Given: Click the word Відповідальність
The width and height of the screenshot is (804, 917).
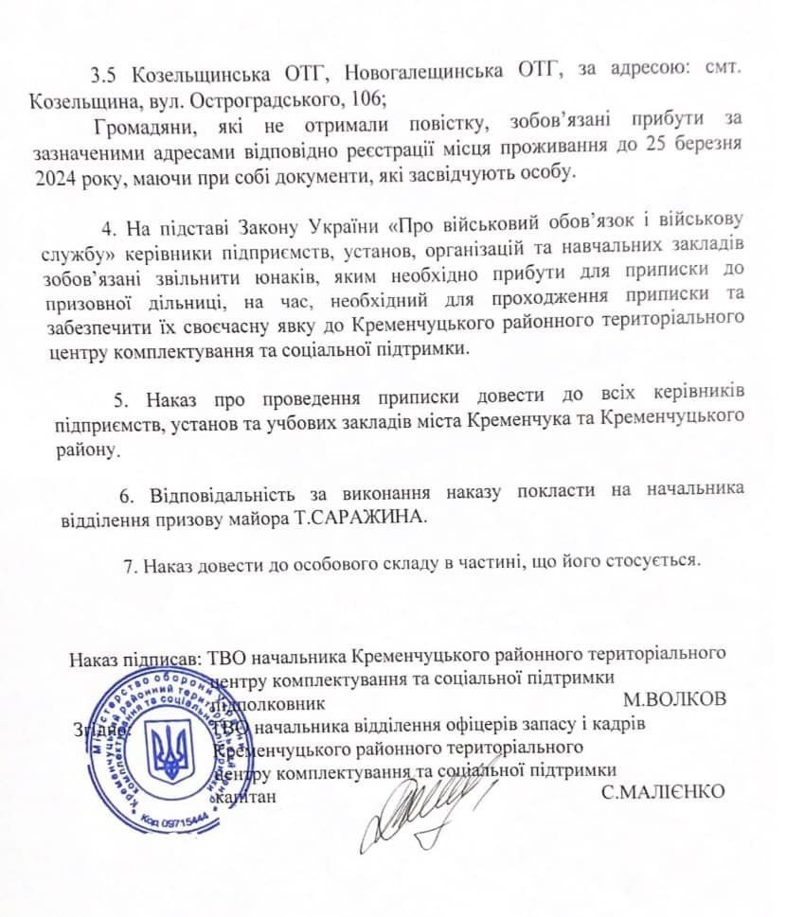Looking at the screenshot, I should pyautogui.click(x=225, y=493).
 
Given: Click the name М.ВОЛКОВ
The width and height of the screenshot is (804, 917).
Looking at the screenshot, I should pyautogui.click(x=674, y=700).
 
